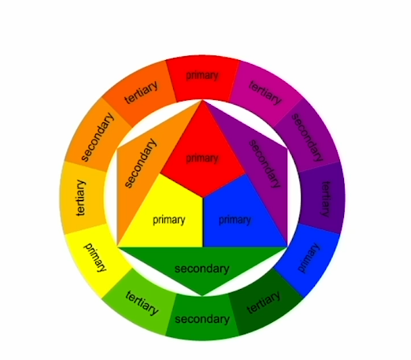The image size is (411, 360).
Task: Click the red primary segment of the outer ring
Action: tap(203, 76)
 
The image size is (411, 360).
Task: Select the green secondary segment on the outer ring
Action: tap(202, 318)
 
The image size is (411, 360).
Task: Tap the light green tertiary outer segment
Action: tap(141, 303)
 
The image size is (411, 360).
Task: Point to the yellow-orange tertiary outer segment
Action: tap(82, 196)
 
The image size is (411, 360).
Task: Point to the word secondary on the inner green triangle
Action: tap(202, 268)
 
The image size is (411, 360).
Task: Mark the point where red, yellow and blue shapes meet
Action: tap(202, 198)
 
